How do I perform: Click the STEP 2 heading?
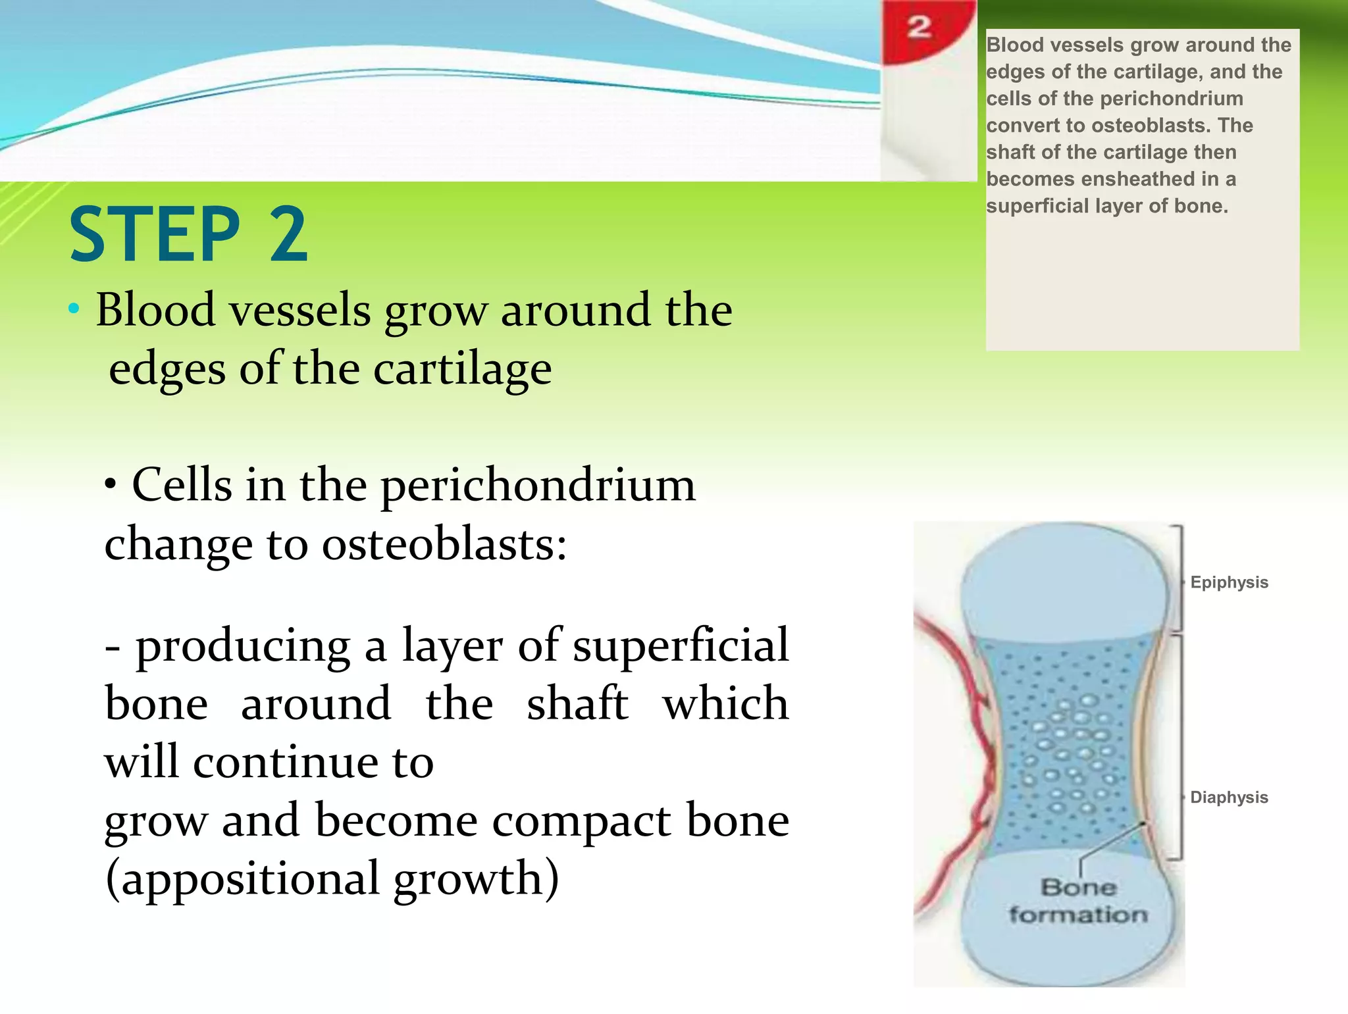pos(188,234)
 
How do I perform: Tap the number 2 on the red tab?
pos(919,28)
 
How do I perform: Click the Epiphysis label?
pos(1228,582)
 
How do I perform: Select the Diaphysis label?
pos(1228,798)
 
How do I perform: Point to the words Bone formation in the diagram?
pos(1078,901)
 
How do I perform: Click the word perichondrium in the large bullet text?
pos(538,486)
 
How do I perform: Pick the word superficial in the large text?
pos(681,646)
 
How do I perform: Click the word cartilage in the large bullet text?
pos(462,369)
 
